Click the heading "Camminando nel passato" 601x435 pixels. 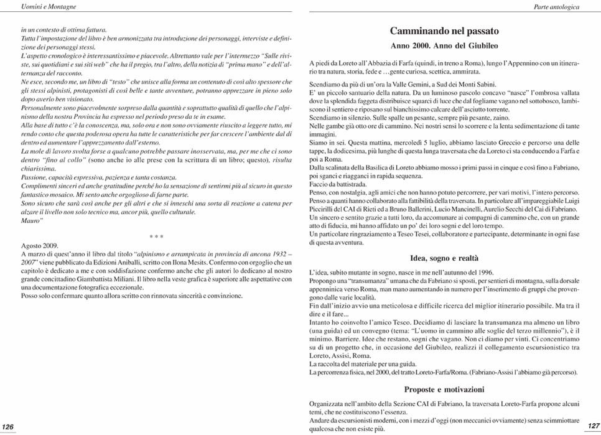444,30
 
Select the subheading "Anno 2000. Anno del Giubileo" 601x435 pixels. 444,45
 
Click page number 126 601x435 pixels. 8,426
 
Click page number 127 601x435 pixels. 593,426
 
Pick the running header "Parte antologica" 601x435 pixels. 557,6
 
